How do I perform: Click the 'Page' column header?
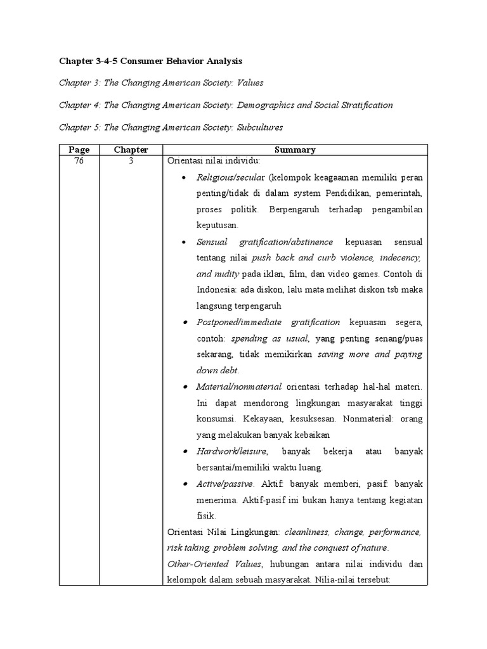pos(79,150)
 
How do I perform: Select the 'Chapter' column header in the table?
pos(131,150)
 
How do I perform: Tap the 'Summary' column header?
pos(295,150)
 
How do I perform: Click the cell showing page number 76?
pos(79,161)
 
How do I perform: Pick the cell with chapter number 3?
pos(131,161)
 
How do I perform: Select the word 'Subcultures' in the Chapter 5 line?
pos(260,127)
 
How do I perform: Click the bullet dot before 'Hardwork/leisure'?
pos(183,451)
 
